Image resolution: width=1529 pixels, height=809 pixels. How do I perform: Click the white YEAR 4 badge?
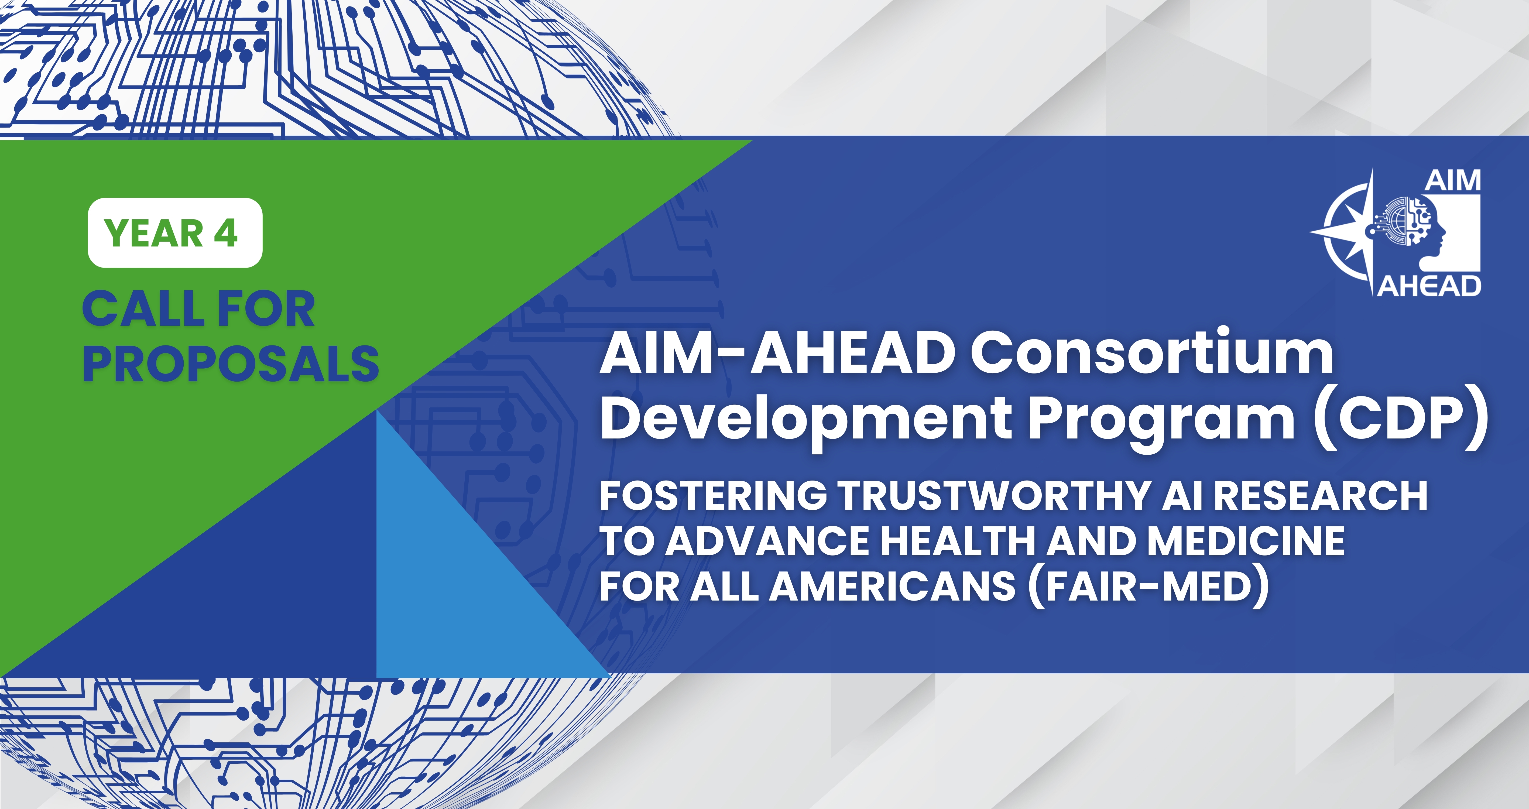pos(175,233)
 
